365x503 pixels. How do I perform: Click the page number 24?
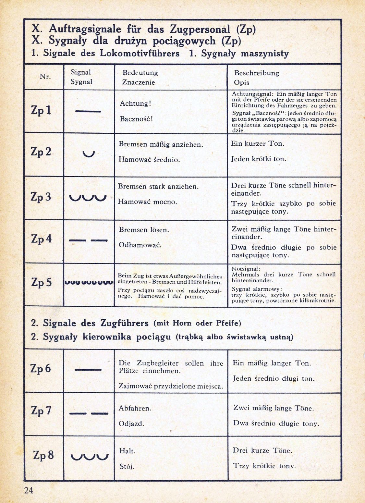[x=29, y=490]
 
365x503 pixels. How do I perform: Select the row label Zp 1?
[x=41, y=110]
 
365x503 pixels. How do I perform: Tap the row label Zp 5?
[x=41, y=282]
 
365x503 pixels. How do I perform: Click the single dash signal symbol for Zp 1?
[x=88, y=111]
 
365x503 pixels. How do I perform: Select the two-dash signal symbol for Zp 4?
[x=88, y=240]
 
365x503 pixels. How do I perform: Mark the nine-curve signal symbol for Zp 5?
[x=88, y=282]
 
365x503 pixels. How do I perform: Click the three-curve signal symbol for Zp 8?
[x=89, y=457]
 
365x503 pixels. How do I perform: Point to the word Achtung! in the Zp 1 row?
[x=136, y=104]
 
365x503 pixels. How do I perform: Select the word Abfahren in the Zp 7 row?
[x=135, y=409]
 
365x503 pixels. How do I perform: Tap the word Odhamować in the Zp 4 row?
[x=140, y=245]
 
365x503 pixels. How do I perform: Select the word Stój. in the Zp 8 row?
[x=127, y=467]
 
